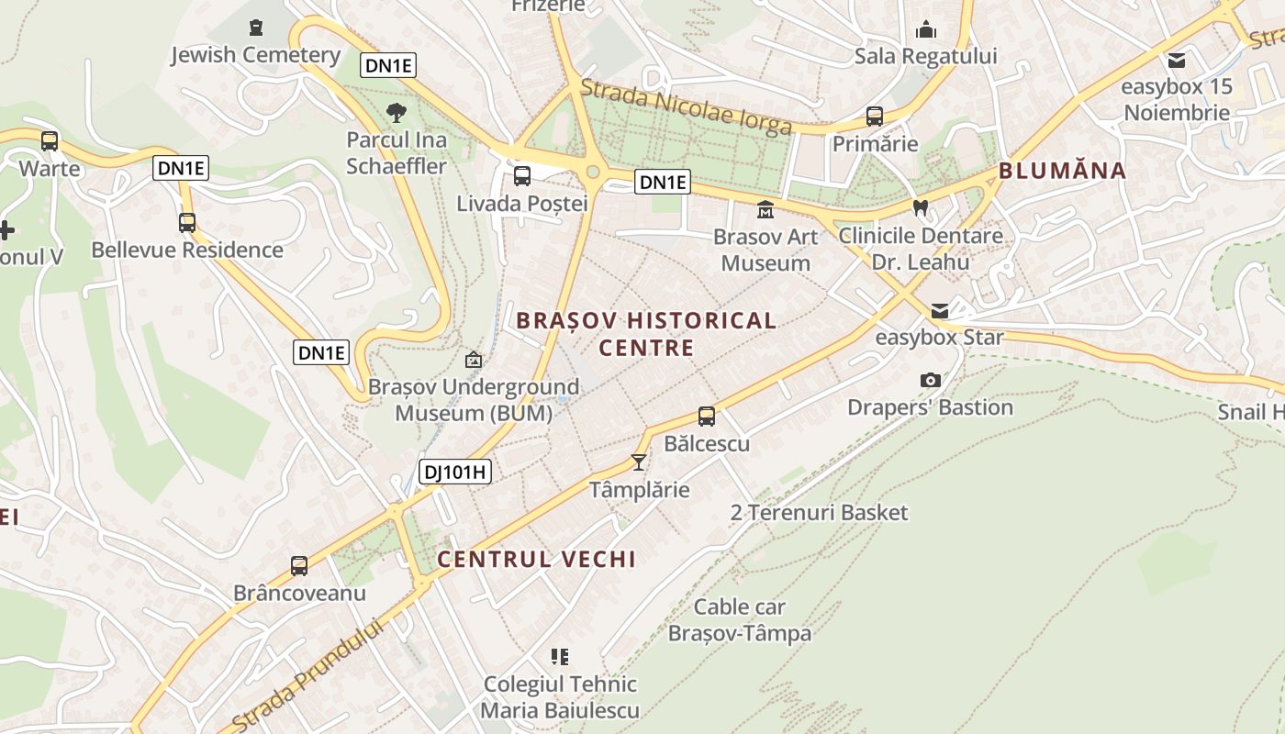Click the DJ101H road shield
point(455,473)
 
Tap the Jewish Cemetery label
point(255,55)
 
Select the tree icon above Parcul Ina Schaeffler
point(397,113)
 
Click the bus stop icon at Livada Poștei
point(521,175)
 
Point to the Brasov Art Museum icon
point(765,210)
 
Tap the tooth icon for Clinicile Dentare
point(921,208)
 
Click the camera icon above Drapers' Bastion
point(930,380)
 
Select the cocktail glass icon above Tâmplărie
point(639,462)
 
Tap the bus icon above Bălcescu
point(706,417)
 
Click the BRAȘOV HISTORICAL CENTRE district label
point(646,334)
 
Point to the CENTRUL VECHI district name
point(536,559)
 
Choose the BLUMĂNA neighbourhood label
point(1062,171)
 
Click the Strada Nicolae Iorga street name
point(686,106)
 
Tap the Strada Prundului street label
point(307,675)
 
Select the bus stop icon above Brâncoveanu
point(299,566)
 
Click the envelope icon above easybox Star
point(940,311)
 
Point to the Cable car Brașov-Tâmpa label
point(740,620)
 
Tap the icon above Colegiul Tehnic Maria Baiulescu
point(560,657)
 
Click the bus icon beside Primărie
point(874,117)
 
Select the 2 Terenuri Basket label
point(819,512)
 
